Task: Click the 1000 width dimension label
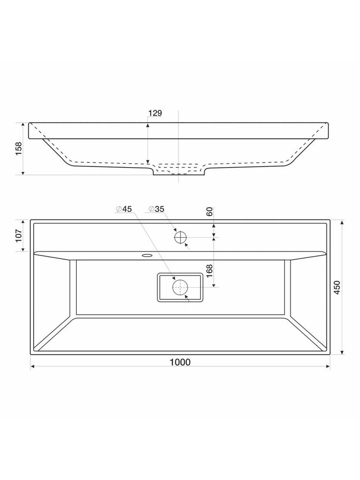(x=180, y=362)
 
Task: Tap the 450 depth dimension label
(x=337, y=288)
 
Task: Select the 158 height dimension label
(x=19, y=148)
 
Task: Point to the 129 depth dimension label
(x=155, y=113)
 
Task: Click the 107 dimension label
(x=18, y=236)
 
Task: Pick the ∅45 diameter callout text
(x=123, y=209)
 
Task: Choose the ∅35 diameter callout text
(x=156, y=209)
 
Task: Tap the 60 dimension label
(x=209, y=212)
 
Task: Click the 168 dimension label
(x=209, y=271)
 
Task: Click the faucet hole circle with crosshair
(x=180, y=237)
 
